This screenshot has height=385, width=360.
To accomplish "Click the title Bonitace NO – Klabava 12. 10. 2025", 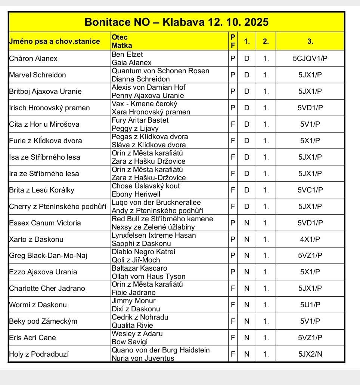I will (x=176, y=22).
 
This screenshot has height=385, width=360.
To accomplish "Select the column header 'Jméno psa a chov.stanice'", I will (x=54, y=41).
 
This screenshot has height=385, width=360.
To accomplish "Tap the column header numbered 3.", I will (x=310, y=41).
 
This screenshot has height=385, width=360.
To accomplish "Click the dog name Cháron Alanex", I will (x=33, y=58).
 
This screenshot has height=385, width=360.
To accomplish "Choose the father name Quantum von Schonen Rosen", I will (x=161, y=71).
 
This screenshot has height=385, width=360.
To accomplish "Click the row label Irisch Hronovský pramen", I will (x=49, y=108).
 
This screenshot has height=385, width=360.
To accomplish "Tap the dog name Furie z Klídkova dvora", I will (x=45, y=141).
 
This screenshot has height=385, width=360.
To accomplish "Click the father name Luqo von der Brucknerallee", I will (x=156, y=203).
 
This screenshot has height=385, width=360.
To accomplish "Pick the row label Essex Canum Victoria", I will (x=45, y=223).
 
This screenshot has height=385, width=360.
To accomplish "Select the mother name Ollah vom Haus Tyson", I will (x=149, y=276).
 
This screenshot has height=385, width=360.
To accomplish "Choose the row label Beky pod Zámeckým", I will (x=43, y=321).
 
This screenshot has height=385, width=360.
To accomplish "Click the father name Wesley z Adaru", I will (x=137, y=334).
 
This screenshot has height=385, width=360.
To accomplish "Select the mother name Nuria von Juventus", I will (x=143, y=358).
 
